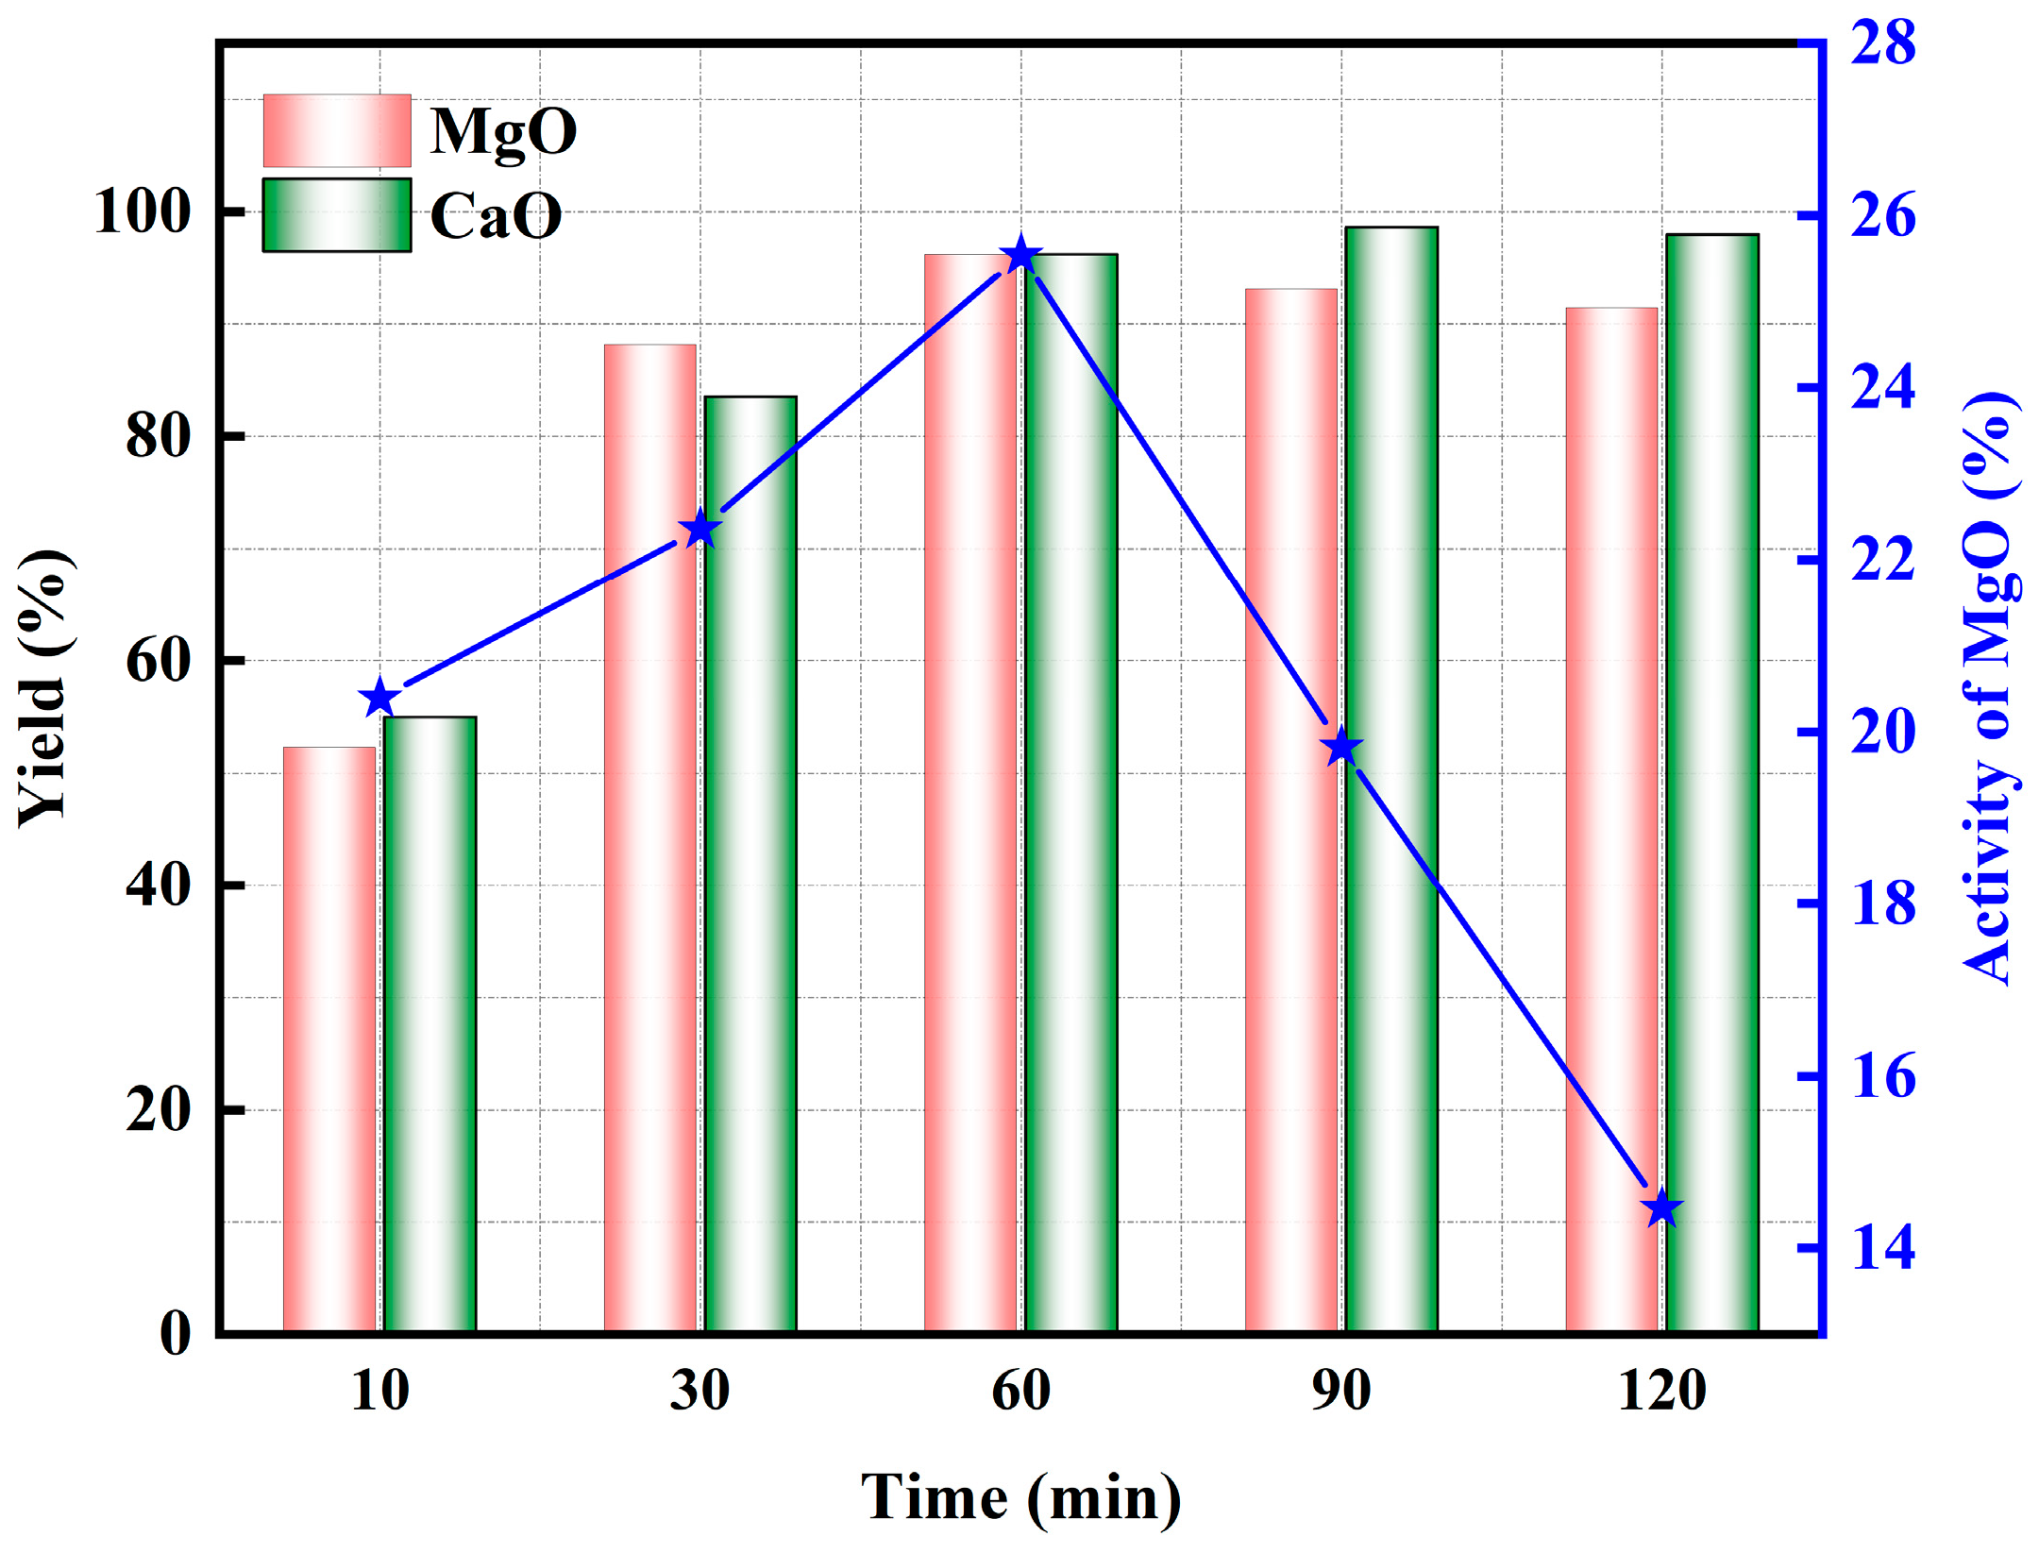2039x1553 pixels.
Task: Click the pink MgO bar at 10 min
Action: tap(329, 1038)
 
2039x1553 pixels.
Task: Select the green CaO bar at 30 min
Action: tap(750, 864)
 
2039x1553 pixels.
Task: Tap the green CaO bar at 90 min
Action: tap(1391, 779)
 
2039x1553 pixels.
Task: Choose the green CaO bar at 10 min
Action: tap(430, 1024)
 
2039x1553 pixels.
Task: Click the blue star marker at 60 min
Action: tap(1020, 256)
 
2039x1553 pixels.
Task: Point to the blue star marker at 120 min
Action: tap(1661, 1208)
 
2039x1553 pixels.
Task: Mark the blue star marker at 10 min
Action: tap(379, 699)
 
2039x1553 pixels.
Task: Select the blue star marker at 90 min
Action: tap(1341, 749)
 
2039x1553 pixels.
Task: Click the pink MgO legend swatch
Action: tap(337, 130)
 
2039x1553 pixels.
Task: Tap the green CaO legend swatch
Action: tap(337, 215)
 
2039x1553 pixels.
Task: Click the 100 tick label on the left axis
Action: tap(142, 211)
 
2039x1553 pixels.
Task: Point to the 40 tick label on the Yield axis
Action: tap(158, 886)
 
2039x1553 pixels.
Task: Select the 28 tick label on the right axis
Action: tap(1883, 43)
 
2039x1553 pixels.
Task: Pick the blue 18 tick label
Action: tap(1883, 903)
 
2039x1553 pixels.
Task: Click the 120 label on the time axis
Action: tap(1661, 1391)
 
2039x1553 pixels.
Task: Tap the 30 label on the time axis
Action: tap(699, 1391)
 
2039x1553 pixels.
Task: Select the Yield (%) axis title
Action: tap(43, 687)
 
